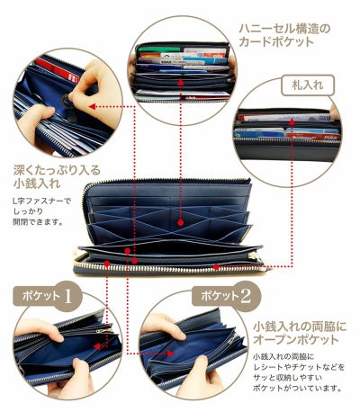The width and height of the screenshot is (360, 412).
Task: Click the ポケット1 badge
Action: pos(42,295)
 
